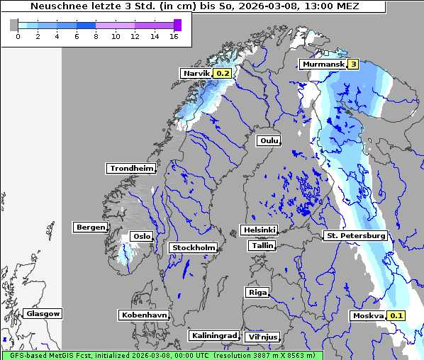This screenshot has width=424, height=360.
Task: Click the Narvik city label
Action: [x=196, y=73]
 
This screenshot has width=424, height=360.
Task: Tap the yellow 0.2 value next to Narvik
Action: [x=223, y=73]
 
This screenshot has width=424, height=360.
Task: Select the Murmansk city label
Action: [x=323, y=64]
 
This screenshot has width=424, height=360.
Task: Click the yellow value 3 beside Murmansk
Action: [x=352, y=64]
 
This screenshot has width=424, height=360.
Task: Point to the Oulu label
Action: [x=269, y=140]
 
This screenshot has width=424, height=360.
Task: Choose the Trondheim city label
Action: [x=131, y=168]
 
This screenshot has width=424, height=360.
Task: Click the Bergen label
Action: [x=89, y=227]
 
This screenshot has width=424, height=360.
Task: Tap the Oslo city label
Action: [x=142, y=237]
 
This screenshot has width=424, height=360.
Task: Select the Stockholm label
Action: [x=193, y=247]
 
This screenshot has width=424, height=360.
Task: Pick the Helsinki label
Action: [x=259, y=230]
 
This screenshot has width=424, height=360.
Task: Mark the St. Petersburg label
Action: [x=355, y=235]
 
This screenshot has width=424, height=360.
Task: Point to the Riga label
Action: [x=257, y=292]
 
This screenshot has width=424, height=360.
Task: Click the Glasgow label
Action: [x=43, y=313]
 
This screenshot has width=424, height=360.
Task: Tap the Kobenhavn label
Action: [x=144, y=315]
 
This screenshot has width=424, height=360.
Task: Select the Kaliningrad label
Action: [x=213, y=335]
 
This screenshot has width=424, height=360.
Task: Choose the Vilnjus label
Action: [x=262, y=337]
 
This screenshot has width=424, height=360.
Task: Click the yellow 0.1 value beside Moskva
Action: [x=396, y=316]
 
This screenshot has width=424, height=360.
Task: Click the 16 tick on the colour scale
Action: [x=174, y=36]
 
